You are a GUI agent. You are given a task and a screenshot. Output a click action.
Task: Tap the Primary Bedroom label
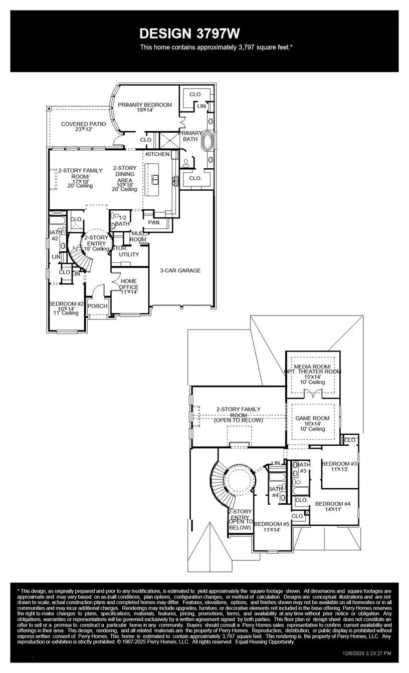tap(144, 105)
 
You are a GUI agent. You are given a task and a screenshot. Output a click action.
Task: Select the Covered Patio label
tap(83, 124)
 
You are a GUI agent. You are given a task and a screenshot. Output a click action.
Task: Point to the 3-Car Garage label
tap(180, 270)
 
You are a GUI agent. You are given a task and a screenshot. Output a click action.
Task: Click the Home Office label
tap(129, 284)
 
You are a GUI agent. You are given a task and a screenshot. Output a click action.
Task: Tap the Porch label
tap(97, 306)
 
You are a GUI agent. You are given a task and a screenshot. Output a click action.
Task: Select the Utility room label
tap(129, 254)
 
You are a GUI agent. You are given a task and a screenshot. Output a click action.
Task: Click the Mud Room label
tap(138, 236)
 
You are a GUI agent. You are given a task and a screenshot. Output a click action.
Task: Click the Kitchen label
tap(157, 154)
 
